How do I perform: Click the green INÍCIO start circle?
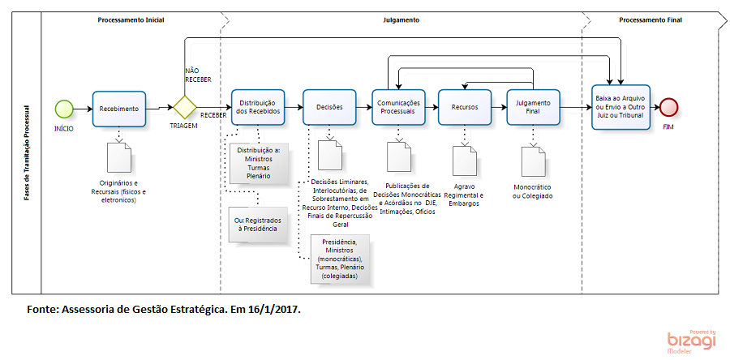coord(64,108)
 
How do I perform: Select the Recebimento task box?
coord(119,108)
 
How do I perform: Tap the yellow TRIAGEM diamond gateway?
coord(185,108)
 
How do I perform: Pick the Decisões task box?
coord(329,108)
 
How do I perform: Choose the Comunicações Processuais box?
coord(397,108)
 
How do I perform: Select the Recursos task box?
coord(466,108)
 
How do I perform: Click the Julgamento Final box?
coord(533,108)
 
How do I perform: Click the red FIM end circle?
coord(668,108)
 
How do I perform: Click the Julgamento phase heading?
coord(401,19)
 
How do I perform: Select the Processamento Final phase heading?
coord(650,19)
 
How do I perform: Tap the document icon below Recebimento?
coord(119,156)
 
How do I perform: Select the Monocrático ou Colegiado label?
coord(533,191)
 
